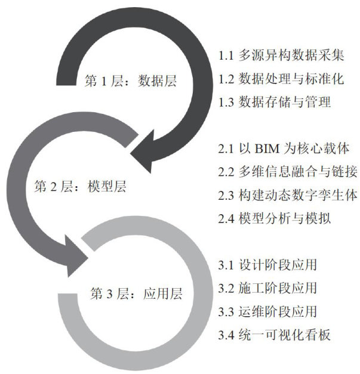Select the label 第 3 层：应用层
(x=136, y=293)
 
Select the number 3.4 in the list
(x=226, y=334)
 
